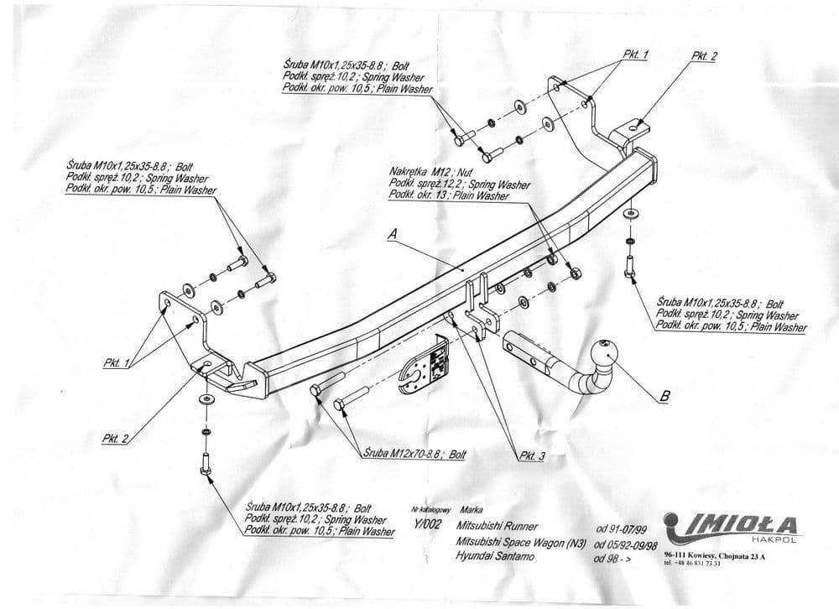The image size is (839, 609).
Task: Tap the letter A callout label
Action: (391, 237)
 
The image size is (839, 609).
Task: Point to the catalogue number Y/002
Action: (427, 521)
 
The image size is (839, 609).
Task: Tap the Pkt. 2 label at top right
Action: (704, 56)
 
